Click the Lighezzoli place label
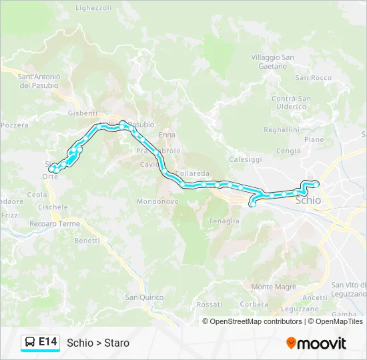click(93, 8)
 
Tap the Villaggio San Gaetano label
click(273, 62)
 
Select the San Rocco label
click(314, 78)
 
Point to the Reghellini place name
click(282, 130)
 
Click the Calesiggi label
click(246, 160)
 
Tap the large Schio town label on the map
click(308, 200)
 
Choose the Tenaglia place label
click(224, 221)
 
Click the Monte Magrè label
click(273, 287)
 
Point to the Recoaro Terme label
click(55, 224)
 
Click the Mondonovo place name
click(157, 201)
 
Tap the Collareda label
click(193, 174)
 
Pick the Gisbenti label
click(83, 113)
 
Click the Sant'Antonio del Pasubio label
click(39, 81)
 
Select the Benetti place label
click(87, 240)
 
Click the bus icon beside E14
click(29, 343)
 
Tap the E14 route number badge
click(47, 343)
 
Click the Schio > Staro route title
click(98, 343)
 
